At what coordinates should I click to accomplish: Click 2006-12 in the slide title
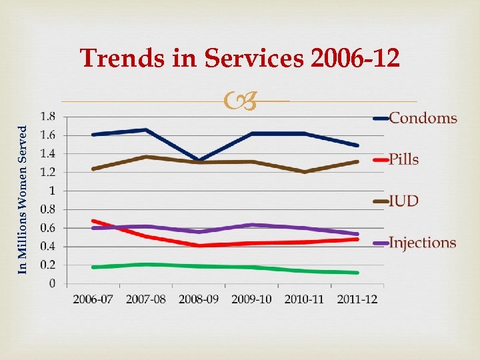(355, 59)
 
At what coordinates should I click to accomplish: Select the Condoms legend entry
(423, 119)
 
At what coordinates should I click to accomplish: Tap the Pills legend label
(404, 159)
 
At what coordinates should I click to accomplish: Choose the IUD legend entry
(404, 201)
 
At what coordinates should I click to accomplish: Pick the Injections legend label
(423, 243)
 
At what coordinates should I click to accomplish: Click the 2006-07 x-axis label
(93, 299)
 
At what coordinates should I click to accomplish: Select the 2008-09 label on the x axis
(199, 299)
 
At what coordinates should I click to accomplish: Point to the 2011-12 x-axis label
(357, 299)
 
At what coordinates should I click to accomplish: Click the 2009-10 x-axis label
(251, 299)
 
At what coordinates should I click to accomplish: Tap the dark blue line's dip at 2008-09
(199, 160)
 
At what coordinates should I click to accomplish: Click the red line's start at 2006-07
(93, 221)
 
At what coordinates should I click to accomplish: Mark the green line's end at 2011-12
(357, 272)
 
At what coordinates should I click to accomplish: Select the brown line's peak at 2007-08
(146, 157)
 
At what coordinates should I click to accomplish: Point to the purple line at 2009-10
(251, 225)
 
